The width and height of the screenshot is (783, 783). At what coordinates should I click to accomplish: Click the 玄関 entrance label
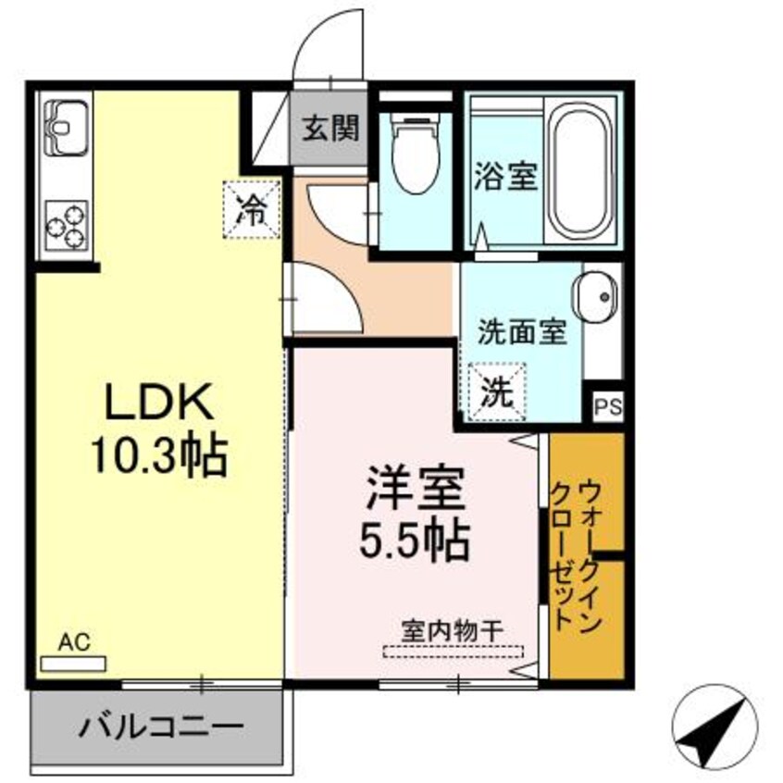tap(329, 128)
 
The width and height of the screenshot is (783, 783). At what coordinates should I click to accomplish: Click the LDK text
tap(159, 404)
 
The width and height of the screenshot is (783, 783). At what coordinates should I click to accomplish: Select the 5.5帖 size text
tap(414, 538)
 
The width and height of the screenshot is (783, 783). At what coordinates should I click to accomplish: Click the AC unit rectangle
tap(73, 664)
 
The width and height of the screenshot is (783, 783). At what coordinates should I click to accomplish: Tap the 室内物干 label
tap(452, 629)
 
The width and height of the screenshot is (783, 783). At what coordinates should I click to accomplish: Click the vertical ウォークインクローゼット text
tap(576, 555)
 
